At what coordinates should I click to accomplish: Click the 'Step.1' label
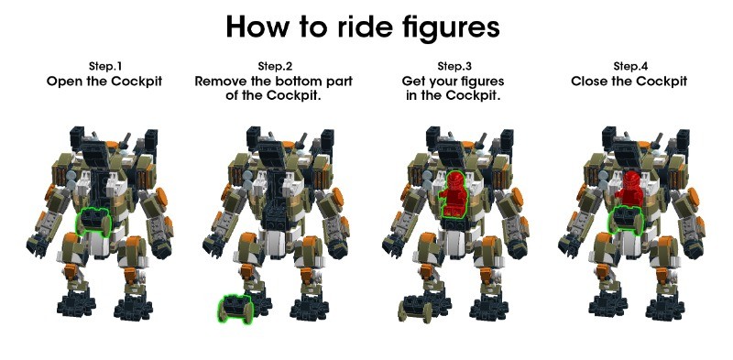coord(105,66)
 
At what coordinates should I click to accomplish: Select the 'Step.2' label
coord(275,66)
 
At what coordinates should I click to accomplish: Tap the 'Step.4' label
coord(630,66)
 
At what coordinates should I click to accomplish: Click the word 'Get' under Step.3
coord(412,82)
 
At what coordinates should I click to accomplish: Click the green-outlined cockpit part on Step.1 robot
coord(93,221)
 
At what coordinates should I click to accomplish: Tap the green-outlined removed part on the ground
coord(236,309)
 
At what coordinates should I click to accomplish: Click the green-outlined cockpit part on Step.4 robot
coord(626,220)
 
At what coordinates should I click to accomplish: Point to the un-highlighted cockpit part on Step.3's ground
coord(416,309)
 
